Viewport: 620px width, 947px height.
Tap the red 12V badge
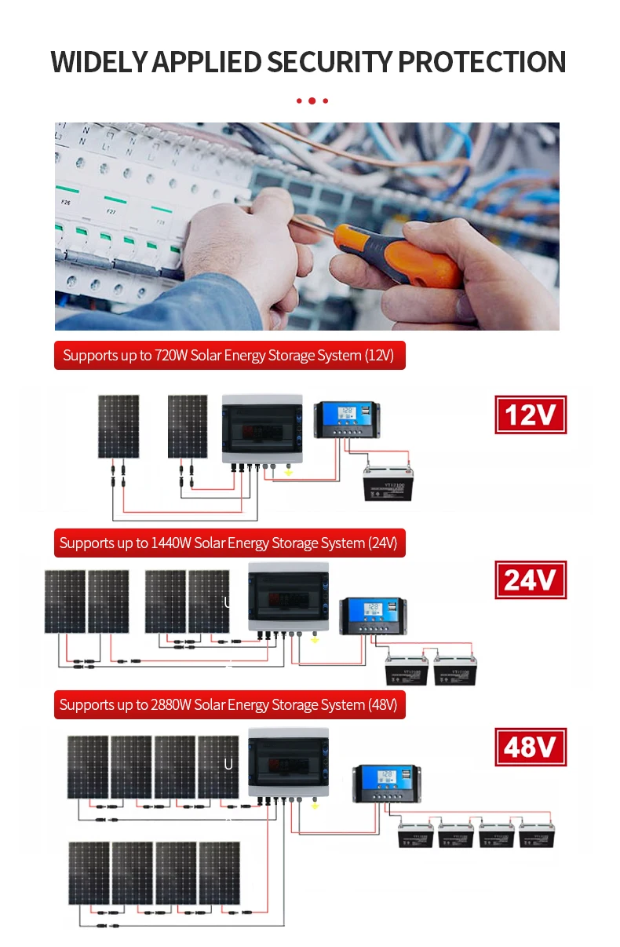pyautogui.click(x=531, y=415)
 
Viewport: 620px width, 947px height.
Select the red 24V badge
pyautogui.click(x=531, y=580)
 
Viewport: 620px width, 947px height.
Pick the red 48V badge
pyautogui.click(x=531, y=747)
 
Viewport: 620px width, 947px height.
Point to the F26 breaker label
pyautogui.click(x=66, y=203)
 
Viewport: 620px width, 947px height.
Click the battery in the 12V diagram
pyautogui.click(x=386, y=483)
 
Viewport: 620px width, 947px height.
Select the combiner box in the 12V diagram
pyautogui.click(x=262, y=428)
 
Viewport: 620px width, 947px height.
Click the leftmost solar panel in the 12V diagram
pyautogui.click(x=119, y=426)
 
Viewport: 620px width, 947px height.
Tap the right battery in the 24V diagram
pyautogui.click(x=454, y=670)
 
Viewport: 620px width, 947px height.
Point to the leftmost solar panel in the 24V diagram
pyautogui.click(x=64, y=601)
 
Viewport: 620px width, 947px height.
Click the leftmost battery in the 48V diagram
pyautogui.click(x=416, y=834)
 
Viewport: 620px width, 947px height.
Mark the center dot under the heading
pyautogui.click(x=312, y=101)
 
